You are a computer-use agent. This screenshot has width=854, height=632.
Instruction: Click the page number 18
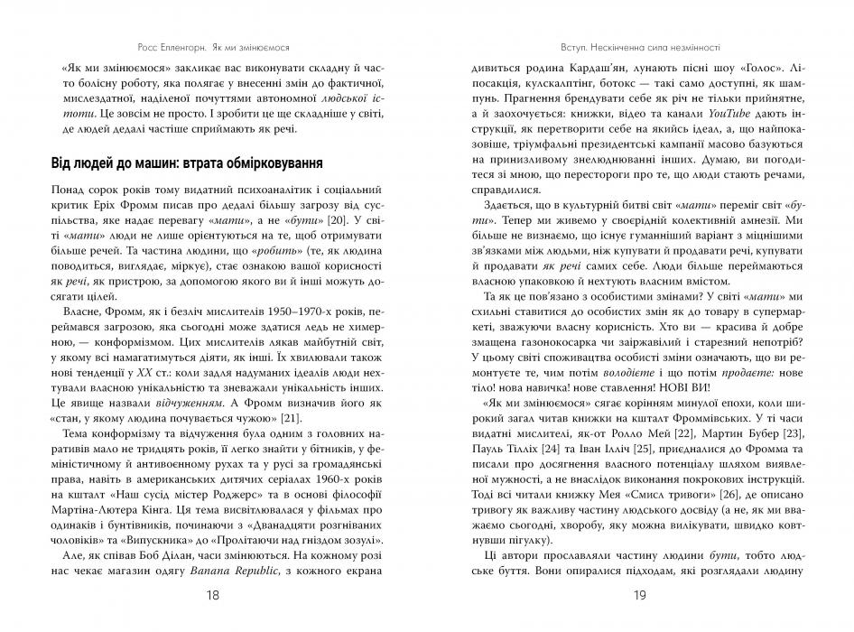(x=213, y=595)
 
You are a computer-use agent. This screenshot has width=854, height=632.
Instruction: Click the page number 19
(x=640, y=595)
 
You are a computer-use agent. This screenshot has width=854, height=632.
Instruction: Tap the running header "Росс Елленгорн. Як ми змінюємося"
(x=213, y=44)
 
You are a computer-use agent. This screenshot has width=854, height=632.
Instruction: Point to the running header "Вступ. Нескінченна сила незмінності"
(x=640, y=44)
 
